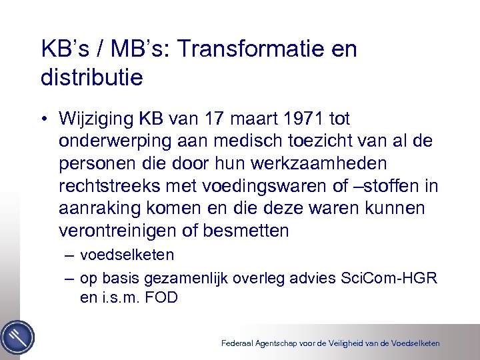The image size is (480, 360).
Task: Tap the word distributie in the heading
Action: (91, 78)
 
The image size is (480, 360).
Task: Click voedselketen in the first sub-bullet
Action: (127, 255)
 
